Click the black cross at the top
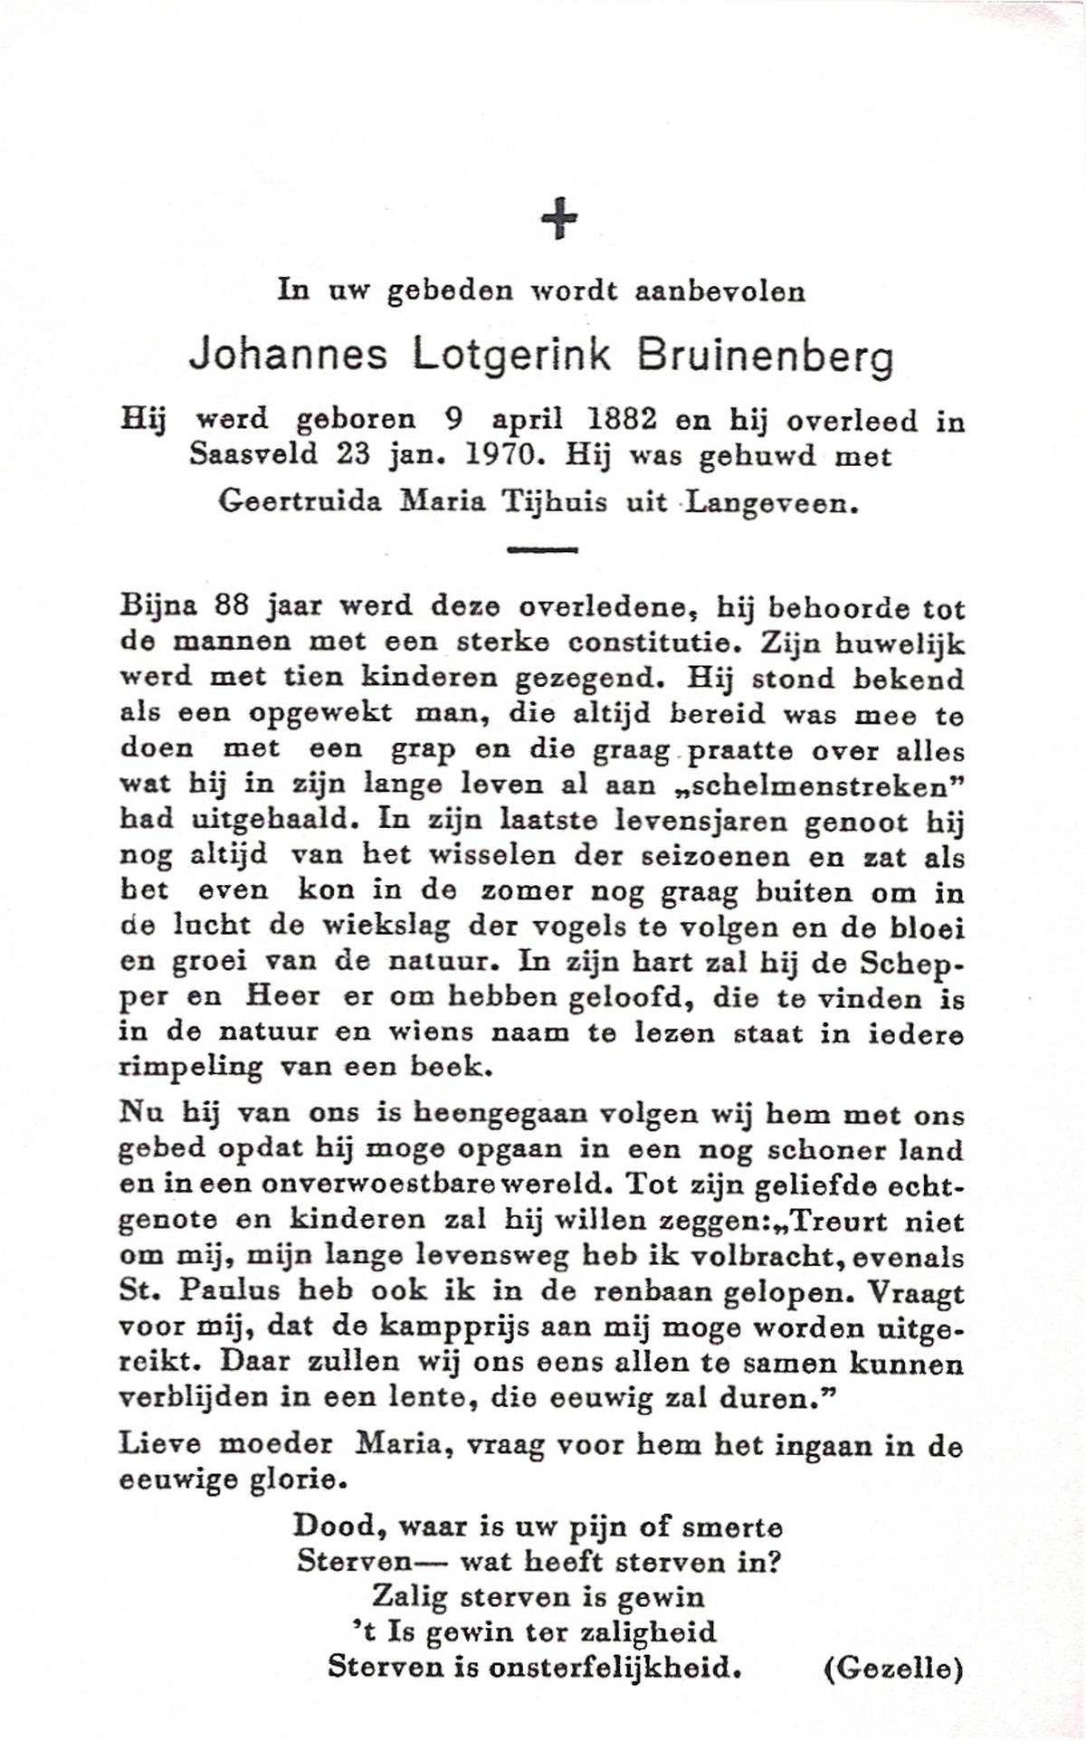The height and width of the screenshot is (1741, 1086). coord(559,218)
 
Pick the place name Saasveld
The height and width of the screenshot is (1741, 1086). coord(252,455)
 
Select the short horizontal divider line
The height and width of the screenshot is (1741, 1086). coord(542,548)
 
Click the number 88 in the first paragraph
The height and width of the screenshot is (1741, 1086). coord(231,605)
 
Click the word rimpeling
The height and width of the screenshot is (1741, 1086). coord(190,1068)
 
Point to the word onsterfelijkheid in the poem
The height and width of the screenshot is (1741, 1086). coord(614,1666)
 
